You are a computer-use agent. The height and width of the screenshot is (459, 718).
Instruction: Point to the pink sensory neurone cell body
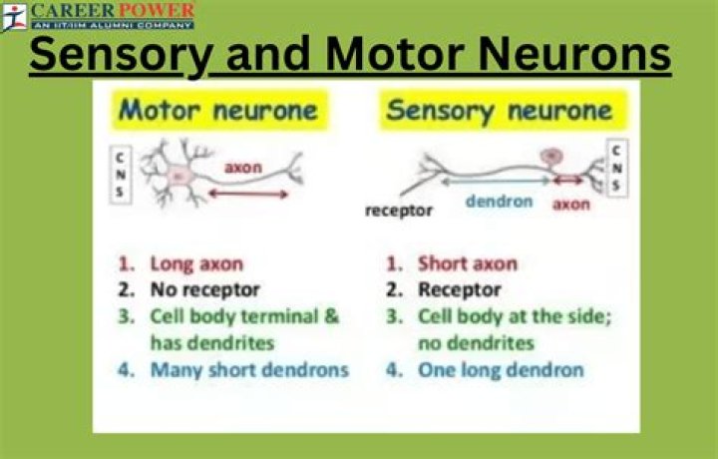click(548, 158)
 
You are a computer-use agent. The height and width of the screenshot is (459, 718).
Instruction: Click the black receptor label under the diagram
click(399, 210)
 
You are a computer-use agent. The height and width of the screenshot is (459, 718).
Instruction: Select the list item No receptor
click(204, 290)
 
